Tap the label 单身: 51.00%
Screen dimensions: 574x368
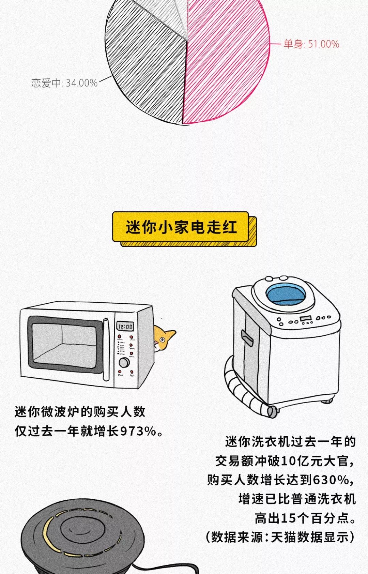(x=311, y=44)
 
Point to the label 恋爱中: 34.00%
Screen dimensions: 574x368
(x=64, y=83)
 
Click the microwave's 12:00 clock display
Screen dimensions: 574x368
(x=125, y=327)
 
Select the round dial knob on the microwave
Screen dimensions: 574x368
(x=124, y=362)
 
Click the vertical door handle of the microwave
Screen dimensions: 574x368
(x=106, y=349)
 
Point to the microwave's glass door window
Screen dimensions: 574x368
(x=65, y=344)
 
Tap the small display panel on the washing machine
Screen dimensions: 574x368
(x=306, y=319)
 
